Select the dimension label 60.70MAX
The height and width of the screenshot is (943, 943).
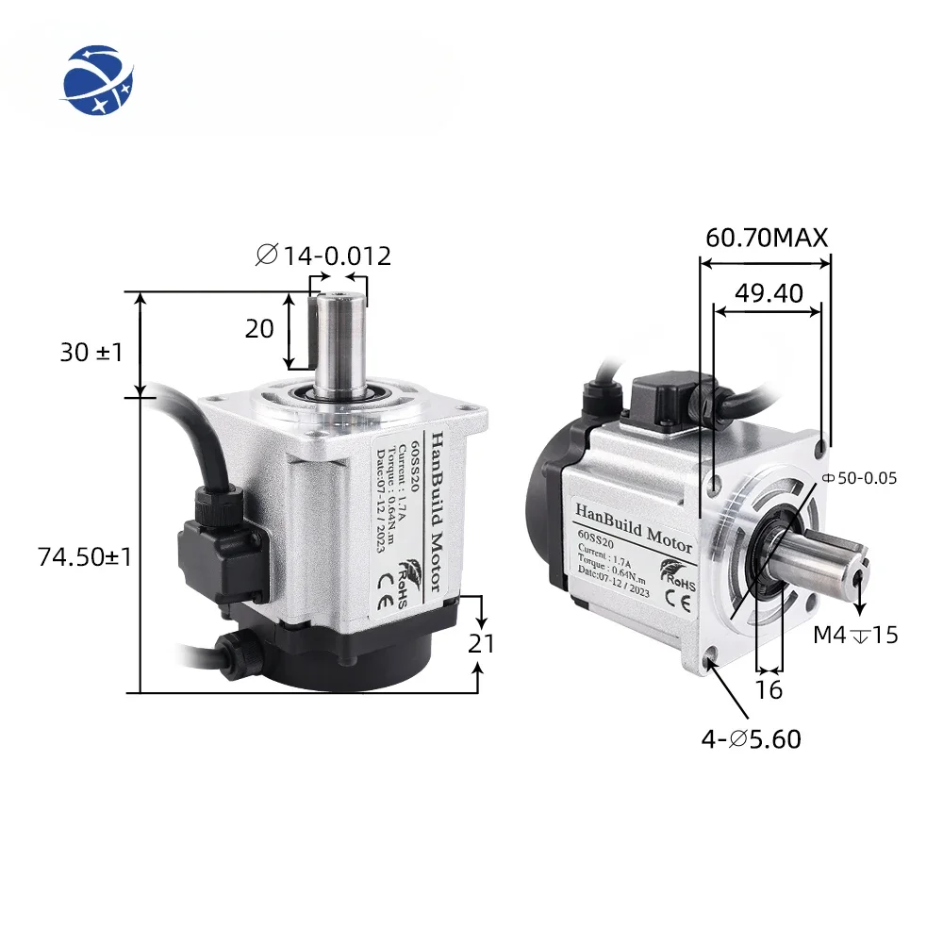tap(767, 238)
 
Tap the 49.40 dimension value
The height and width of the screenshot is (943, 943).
tap(769, 293)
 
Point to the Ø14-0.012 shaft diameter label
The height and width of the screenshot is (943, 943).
tap(323, 255)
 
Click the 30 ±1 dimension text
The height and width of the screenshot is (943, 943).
tap(91, 352)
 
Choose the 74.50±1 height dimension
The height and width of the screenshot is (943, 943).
tap(84, 556)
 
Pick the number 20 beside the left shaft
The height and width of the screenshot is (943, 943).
tap(259, 329)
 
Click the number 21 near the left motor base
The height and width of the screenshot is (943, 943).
tap(481, 643)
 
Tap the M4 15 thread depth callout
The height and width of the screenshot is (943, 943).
tap(855, 635)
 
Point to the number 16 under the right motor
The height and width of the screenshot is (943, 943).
tap(769, 689)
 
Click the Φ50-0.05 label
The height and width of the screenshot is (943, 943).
tap(860, 478)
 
